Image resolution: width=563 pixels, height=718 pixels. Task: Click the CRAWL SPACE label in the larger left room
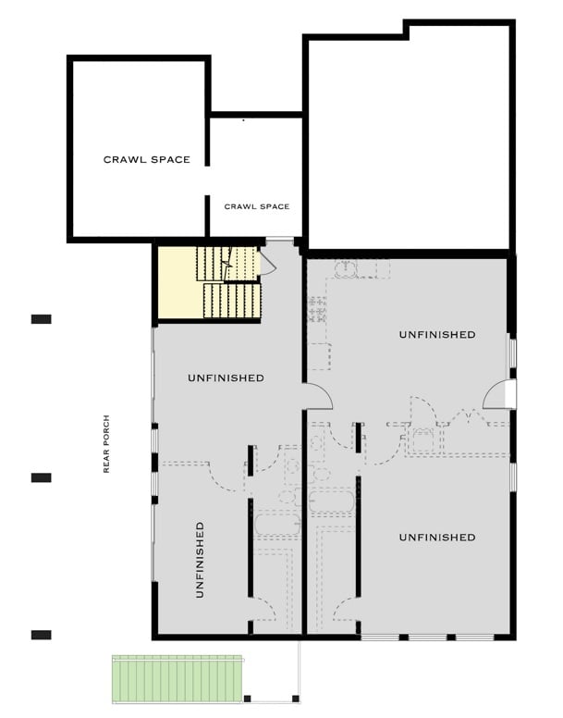click(x=146, y=159)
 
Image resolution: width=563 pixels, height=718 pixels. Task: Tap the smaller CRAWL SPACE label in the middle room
click(x=256, y=206)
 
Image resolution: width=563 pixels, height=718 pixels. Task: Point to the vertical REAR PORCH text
click(x=107, y=443)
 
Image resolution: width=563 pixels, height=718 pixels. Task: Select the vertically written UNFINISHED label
click(x=200, y=559)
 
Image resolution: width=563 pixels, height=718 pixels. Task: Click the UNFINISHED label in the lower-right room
click(x=436, y=537)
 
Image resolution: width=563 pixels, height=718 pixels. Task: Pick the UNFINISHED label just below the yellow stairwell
click(x=226, y=378)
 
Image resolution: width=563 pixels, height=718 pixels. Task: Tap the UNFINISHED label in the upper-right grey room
click(x=436, y=334)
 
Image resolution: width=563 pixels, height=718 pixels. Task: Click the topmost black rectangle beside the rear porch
click(x=41, y=319)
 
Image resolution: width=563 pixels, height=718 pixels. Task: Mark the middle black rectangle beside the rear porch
click(x=41, y=477)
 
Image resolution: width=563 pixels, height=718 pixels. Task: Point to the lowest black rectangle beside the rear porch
click(x=41, y=635)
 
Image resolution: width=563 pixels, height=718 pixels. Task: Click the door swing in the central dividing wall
click(x=317, y=395)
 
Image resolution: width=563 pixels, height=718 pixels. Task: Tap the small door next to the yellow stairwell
click(x=267, y=263)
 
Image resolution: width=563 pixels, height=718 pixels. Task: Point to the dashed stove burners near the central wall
click(x=319, y=308)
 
